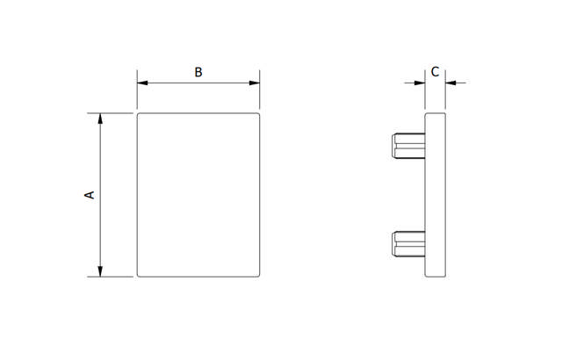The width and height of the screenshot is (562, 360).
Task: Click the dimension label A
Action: [89, 194]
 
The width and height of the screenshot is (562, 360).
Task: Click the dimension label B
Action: [198, 72]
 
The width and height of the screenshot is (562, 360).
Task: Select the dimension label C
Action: [435, 71]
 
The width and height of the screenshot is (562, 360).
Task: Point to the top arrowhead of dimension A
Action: [101, 118]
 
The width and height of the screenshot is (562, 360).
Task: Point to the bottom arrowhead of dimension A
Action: [101, 271]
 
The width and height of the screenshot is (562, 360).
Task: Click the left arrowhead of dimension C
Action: [420, 83]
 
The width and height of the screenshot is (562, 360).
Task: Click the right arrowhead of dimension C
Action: [450, 83]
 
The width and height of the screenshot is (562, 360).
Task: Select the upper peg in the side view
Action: [407, 145]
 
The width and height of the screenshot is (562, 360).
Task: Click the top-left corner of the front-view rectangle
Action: [138, 113]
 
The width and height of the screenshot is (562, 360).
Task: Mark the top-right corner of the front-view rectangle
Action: [261, 113]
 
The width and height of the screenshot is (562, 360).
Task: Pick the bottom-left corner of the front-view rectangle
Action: [138, 277]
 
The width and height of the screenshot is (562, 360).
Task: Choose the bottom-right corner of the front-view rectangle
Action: [261, 277]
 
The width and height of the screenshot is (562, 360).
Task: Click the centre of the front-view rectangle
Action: [199, 195]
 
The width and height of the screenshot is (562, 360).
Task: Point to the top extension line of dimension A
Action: [114, 112]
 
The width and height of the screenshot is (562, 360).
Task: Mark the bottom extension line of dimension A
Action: [114, 277]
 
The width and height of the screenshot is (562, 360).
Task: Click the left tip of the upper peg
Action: [392, 145]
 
